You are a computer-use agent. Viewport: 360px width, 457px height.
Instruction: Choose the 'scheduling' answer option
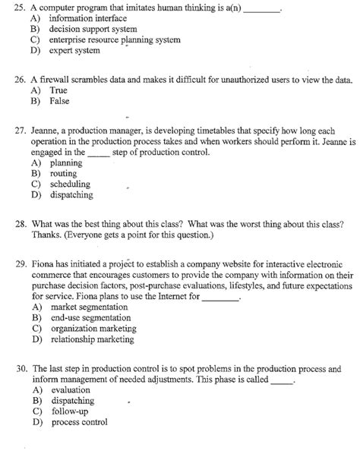pos(70,184)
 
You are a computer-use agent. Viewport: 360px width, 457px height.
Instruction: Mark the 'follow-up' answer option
pos(70,411)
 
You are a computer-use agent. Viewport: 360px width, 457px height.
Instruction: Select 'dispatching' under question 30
pos(72,400)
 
